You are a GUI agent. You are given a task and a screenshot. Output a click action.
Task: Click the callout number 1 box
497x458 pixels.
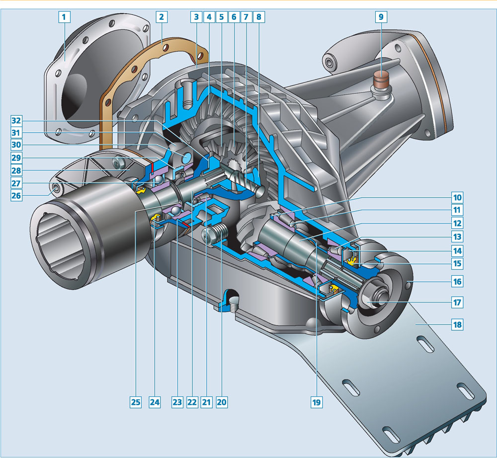coord(64,17)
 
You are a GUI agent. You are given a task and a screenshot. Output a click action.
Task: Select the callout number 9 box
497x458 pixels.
coord(381,17)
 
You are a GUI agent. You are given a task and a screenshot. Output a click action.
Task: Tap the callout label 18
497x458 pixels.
coord(457,325)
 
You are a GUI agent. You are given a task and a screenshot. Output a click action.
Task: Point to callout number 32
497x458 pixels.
coord(16,121)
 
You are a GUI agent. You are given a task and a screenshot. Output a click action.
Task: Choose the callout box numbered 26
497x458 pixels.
coord(16,195)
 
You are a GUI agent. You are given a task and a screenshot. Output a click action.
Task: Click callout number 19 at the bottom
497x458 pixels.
coord(316,402)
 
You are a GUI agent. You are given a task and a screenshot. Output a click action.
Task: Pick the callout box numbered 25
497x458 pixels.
coord(136,402)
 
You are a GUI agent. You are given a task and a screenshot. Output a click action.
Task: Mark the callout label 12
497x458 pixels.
coord(457,224)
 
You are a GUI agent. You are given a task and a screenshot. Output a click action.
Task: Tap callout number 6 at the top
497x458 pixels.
coord(234,17)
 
